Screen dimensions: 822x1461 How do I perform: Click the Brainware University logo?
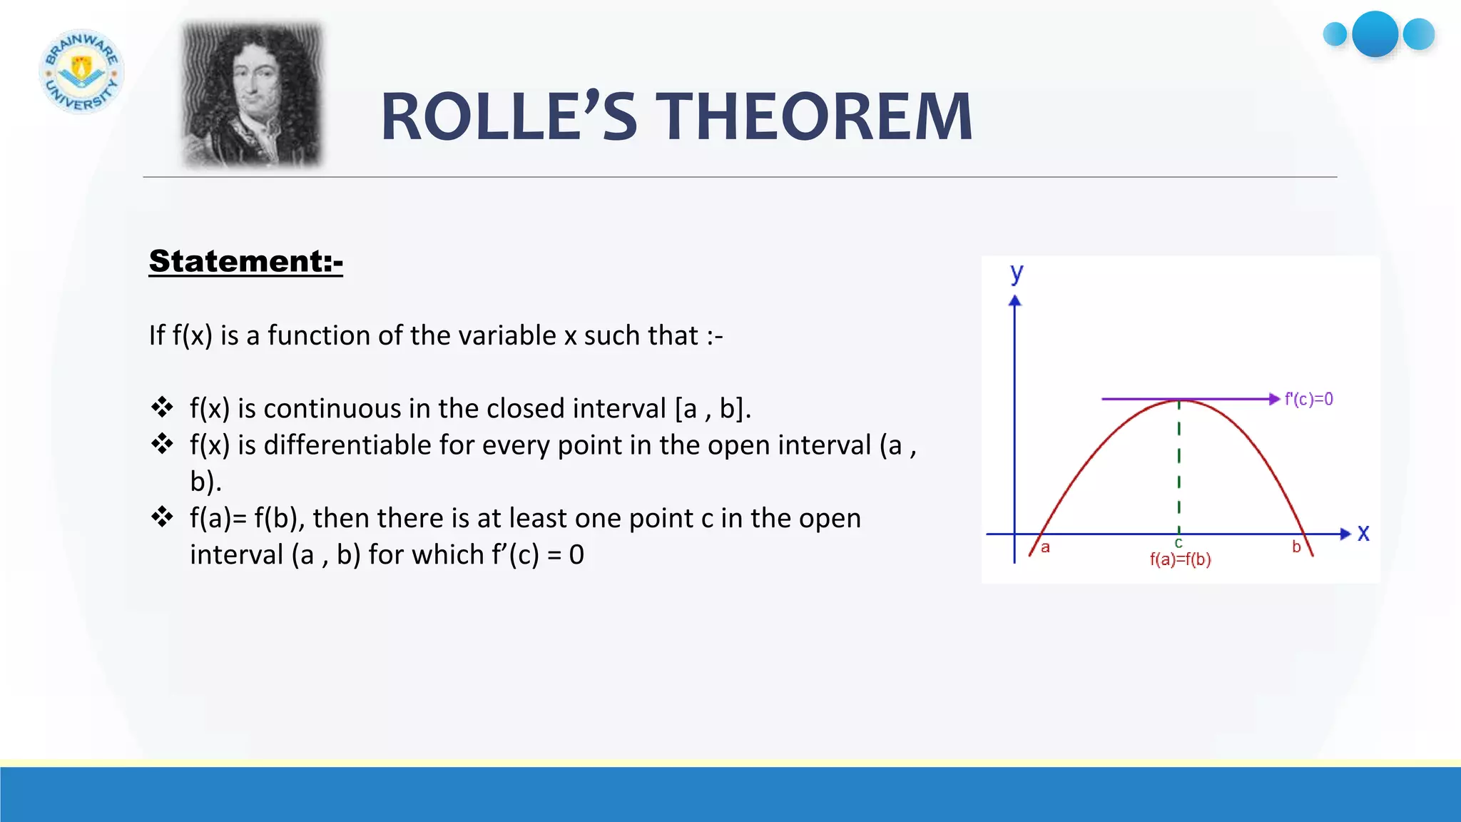[x=81, y=71]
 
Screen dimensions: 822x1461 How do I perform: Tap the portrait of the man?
[x=252, y=95]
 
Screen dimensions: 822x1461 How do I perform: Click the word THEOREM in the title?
[x=813, y=117]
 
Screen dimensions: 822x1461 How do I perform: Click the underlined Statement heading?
[x=245, y=261]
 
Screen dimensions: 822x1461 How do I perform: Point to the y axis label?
[x=1017, y=273]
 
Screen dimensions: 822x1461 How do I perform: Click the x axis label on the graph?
[x=1363, y=533]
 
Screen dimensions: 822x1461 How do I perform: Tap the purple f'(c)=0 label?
[x=1308, y=399]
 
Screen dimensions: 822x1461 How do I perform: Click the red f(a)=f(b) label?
[x=1180, y=559]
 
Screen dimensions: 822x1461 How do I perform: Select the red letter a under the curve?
[x=1045, y=548]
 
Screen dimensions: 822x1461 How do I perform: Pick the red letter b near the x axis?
[x=1296, y=547]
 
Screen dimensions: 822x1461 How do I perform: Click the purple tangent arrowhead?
[x=1274, y=399]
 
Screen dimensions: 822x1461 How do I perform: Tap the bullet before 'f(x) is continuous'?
[x=162, y=407]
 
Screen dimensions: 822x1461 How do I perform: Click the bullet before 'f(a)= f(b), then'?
[x=162, y=517]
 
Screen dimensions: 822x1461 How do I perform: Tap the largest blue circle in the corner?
[x=1375, y=34]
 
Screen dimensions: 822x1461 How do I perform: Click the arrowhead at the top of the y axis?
[x=1014, y=301]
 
